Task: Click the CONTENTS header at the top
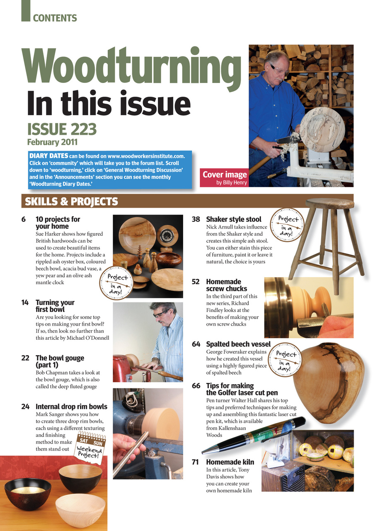[x=55, y=18]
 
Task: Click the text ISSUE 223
[x=62, y=129]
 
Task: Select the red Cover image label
[x=224, y=177]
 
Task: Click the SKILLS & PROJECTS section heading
[x=71, y=202]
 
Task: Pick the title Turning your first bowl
[x=55, y=306]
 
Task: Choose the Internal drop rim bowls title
[x=71, y=406]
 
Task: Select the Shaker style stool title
[x=234, y=219]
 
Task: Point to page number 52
[x=196, y=282]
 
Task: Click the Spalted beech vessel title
[x=238, y=344]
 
